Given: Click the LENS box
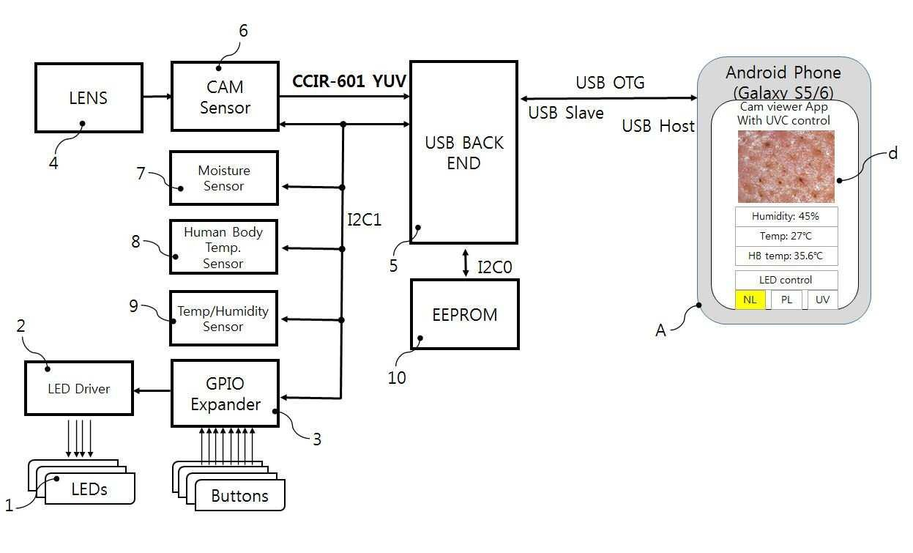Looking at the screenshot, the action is click(x=89, y=98).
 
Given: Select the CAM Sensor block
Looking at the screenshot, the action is click(x=225, y=96).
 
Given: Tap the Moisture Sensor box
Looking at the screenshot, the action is click(x=224, y=178).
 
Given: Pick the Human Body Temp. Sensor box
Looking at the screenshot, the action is click(x=223, y=247).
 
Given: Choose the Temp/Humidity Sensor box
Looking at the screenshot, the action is click(x=223, y=318).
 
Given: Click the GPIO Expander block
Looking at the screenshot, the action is click(x=225, y=393).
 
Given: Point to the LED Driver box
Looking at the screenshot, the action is click(x=79, y=388).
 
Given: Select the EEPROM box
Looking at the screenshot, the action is click(x=465, y=314).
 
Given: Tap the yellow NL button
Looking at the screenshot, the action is click(x=750, y=300).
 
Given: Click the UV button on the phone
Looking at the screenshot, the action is click(x=822, y=300).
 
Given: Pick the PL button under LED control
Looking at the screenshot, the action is click(x=786, y=300).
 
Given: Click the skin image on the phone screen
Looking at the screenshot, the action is click(x=786, y=166).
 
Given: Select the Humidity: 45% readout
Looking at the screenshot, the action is click(x=786, y=216).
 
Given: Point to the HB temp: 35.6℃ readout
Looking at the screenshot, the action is click(x=786, y=256).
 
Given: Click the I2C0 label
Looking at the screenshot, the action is click(x=495, y=267).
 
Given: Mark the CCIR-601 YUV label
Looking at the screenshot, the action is click(x=349, y=81).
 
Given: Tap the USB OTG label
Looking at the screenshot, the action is click(x=610, y=82).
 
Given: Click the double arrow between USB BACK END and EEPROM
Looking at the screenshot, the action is click(x=466, y=263).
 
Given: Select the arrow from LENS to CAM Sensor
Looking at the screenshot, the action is click(x=157, y=96).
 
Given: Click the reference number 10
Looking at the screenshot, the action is click(x=397, y=378).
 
